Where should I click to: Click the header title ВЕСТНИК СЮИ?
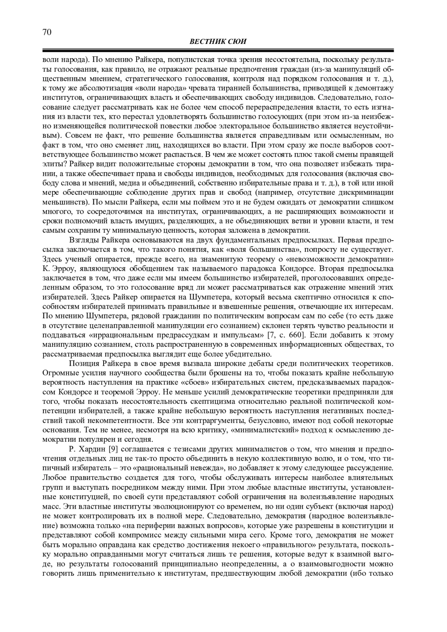tap(218, 42)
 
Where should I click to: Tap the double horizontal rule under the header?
tap(218, 50)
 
